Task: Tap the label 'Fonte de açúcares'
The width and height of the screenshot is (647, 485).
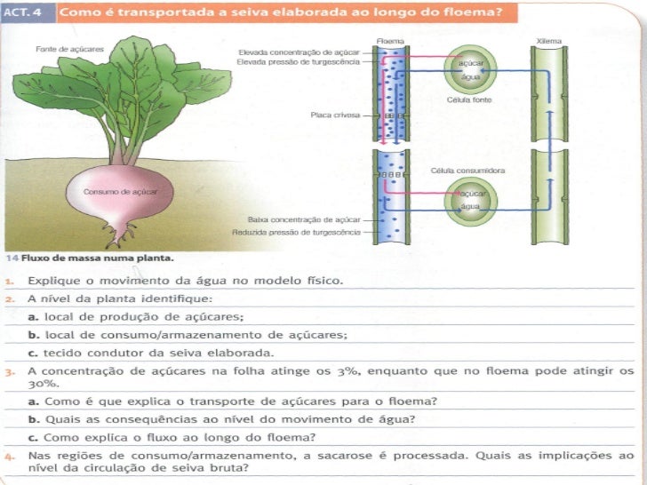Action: (59, 49)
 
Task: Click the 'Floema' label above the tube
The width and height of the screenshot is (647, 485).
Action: (388, 42)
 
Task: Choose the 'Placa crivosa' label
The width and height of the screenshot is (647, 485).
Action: (334, 115)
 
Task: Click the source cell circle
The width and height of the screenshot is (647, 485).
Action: (470, 70)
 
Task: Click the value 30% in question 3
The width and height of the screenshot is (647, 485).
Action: (39, 384)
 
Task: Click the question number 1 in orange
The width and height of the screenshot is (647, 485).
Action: (8, 280)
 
